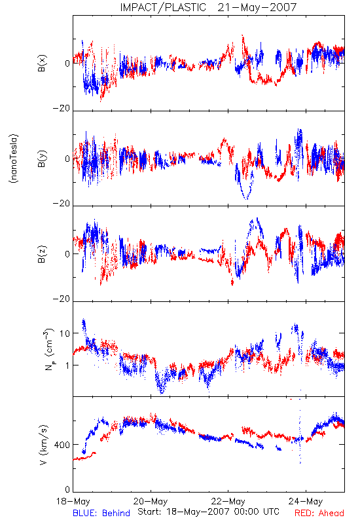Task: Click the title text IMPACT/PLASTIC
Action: (x=163, y=7)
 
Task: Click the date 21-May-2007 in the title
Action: (x=257, y=7)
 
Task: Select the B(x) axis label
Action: (x=42, y=63)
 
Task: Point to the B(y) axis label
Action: (x=42, y=159)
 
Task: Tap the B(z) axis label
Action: (x=42, y=254)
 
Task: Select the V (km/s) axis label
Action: (x=43, y=445)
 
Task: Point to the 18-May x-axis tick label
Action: (x=73, y=501)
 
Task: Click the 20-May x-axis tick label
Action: (x=151, y=501)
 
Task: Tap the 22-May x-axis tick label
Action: (x=228, y=501)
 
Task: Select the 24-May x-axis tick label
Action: (x=306, y=501)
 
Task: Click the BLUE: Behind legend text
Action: (x=101, y=513)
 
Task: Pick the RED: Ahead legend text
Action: (x=319, y=513)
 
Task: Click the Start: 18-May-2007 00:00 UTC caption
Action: (x=208, y=512)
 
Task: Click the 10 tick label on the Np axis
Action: (x=65, y=333)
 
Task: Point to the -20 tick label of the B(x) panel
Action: (x=62, y=108)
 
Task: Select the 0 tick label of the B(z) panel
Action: (x=67, y=254)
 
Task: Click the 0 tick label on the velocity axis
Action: (x=67, y=490)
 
